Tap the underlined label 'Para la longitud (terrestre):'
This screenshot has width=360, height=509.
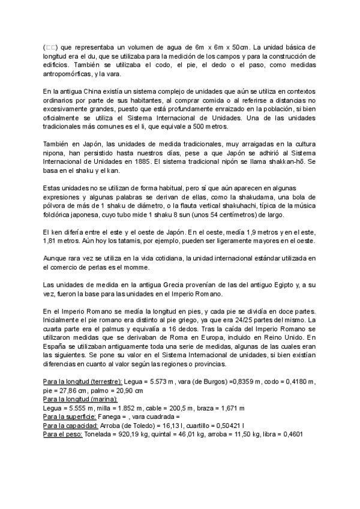pyautogui.click(x=82, y=382)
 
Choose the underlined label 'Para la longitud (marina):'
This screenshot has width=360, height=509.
pyautogui.click(x=80, y=399)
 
